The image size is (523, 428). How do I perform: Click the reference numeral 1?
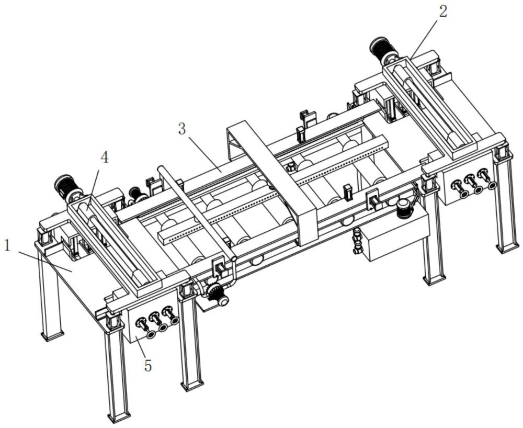(7, 245)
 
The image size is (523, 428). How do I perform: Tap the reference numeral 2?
(443, 12)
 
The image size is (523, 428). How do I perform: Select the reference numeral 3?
(182, 129)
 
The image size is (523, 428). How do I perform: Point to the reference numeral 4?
(105, 157)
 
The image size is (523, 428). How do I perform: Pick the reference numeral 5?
(148, 365)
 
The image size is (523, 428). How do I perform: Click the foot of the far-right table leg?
(507, 246)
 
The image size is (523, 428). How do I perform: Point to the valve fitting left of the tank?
(358, 241)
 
